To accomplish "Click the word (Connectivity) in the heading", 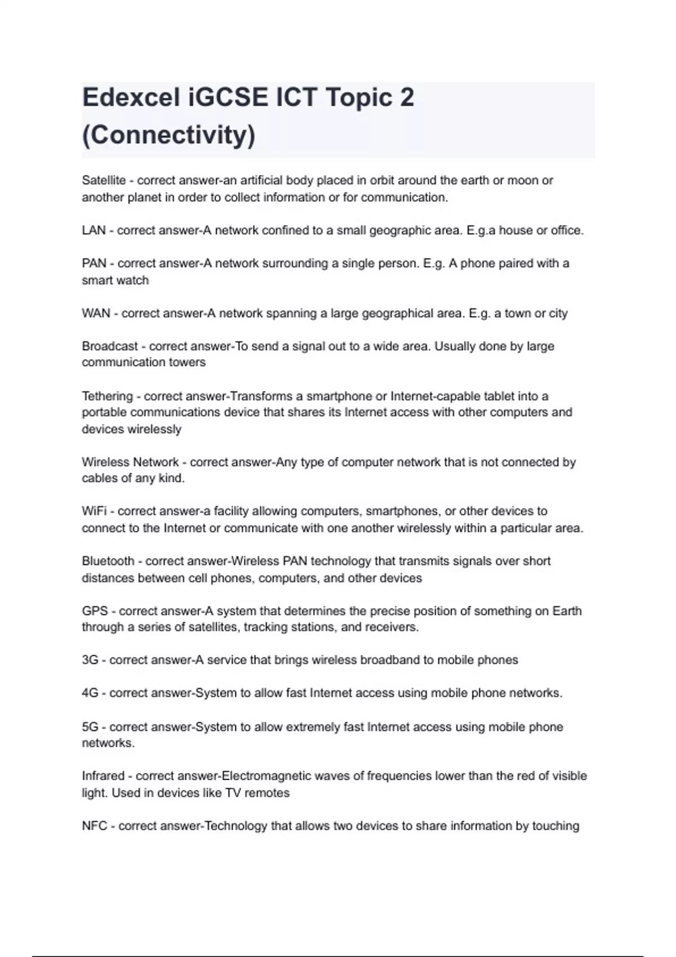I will (x=168, y=135).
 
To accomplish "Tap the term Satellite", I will (x=104, y=181).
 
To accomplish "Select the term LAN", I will (x=94, y=230).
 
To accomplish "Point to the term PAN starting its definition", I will (x=94, y=263).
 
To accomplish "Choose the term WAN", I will (x=96, y=313).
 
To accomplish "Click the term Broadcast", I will (x=110, y=346).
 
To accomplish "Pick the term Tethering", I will (x=107, y=396).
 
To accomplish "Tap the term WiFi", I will (x=94, y=511).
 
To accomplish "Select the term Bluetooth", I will (x=108, y=561).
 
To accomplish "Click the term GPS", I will (x=95, y=611).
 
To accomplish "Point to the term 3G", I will (x=90, y=660).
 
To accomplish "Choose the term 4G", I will (x=90, y=693).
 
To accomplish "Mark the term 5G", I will (x=90, y=727).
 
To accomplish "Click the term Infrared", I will (x=103, y=776).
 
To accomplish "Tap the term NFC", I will (x=94, y=826).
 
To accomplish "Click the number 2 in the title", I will (x=407, y=97).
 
